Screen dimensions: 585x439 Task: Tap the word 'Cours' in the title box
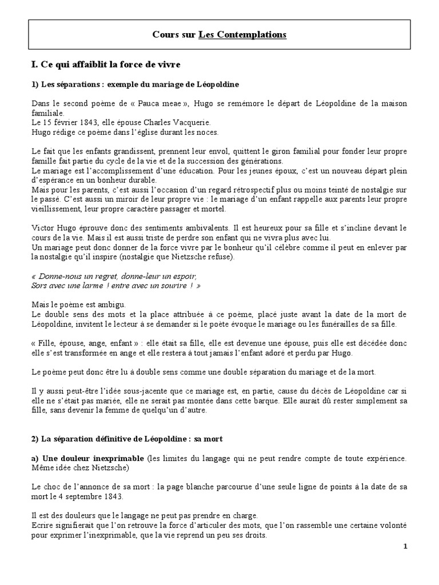pos(165,35)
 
